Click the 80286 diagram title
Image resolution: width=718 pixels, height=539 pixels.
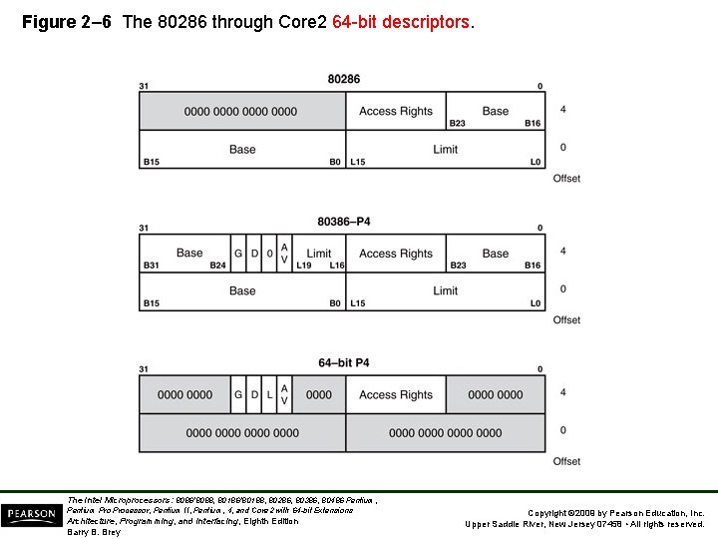click(343, 79)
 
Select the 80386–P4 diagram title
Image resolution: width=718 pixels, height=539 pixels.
click(343, 221)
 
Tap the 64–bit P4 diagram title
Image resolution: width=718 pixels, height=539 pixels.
click(343, 362)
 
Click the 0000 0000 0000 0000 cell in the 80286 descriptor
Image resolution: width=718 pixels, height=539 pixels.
click(240, 112)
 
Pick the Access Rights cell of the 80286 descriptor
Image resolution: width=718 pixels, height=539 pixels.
click(396, 112)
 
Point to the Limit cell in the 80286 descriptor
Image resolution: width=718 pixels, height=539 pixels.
click(445, 150)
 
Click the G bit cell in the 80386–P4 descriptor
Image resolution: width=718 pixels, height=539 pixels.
click(238, 254)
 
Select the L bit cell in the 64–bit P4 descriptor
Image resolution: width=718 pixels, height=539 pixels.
click(269, 395)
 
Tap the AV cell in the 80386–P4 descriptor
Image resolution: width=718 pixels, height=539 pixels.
click(284, 254)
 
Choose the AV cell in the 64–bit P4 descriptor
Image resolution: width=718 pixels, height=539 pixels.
click(284, 395)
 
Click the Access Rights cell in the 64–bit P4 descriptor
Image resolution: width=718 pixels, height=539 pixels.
click(396, 395)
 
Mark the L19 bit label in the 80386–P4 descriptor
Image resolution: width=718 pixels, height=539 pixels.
click(303, 266)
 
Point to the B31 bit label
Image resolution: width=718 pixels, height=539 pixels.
click(152, 266)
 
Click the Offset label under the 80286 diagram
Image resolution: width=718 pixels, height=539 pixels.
click(566, 179)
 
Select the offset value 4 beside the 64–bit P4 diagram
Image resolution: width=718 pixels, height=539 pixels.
click(563, 392)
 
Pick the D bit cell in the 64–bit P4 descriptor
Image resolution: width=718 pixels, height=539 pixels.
click(254, 395)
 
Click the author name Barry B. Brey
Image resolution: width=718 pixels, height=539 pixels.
click(94, 532)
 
